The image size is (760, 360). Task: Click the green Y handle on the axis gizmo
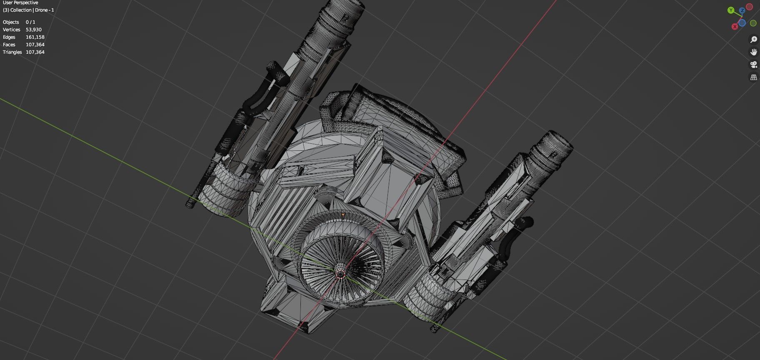731,10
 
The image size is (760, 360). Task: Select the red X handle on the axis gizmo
735,26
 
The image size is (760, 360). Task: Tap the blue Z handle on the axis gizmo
742,10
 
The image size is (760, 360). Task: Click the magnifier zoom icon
753,40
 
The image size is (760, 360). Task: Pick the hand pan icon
753,52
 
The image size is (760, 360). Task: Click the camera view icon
753,65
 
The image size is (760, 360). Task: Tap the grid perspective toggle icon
753,77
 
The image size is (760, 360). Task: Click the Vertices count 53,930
34,30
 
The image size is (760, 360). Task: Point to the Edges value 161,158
35,37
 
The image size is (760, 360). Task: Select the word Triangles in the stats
12,52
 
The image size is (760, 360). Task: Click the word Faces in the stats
9,45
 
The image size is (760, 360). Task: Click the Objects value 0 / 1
30,22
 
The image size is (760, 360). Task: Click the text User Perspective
20,2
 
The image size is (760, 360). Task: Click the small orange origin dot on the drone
343,215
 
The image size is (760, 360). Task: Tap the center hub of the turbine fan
340,274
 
